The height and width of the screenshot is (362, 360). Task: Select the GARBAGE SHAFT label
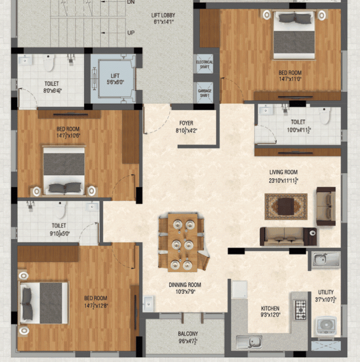point(205,92)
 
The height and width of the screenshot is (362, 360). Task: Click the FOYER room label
point(186,123)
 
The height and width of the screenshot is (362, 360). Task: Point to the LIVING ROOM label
point(283,173)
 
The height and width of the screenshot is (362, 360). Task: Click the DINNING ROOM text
point(185,285)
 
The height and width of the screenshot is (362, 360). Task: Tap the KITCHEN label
point(270,308)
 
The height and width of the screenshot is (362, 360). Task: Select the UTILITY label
point(325,292)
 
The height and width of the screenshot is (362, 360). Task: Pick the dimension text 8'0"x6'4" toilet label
point(52,90)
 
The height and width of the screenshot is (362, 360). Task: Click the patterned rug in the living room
point(286,206)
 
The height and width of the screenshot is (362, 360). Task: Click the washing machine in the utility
point(326,326)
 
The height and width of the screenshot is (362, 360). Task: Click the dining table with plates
point(182,243)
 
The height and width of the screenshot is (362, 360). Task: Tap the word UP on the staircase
point(131,33)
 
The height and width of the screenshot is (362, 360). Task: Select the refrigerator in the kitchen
point(239,289)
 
